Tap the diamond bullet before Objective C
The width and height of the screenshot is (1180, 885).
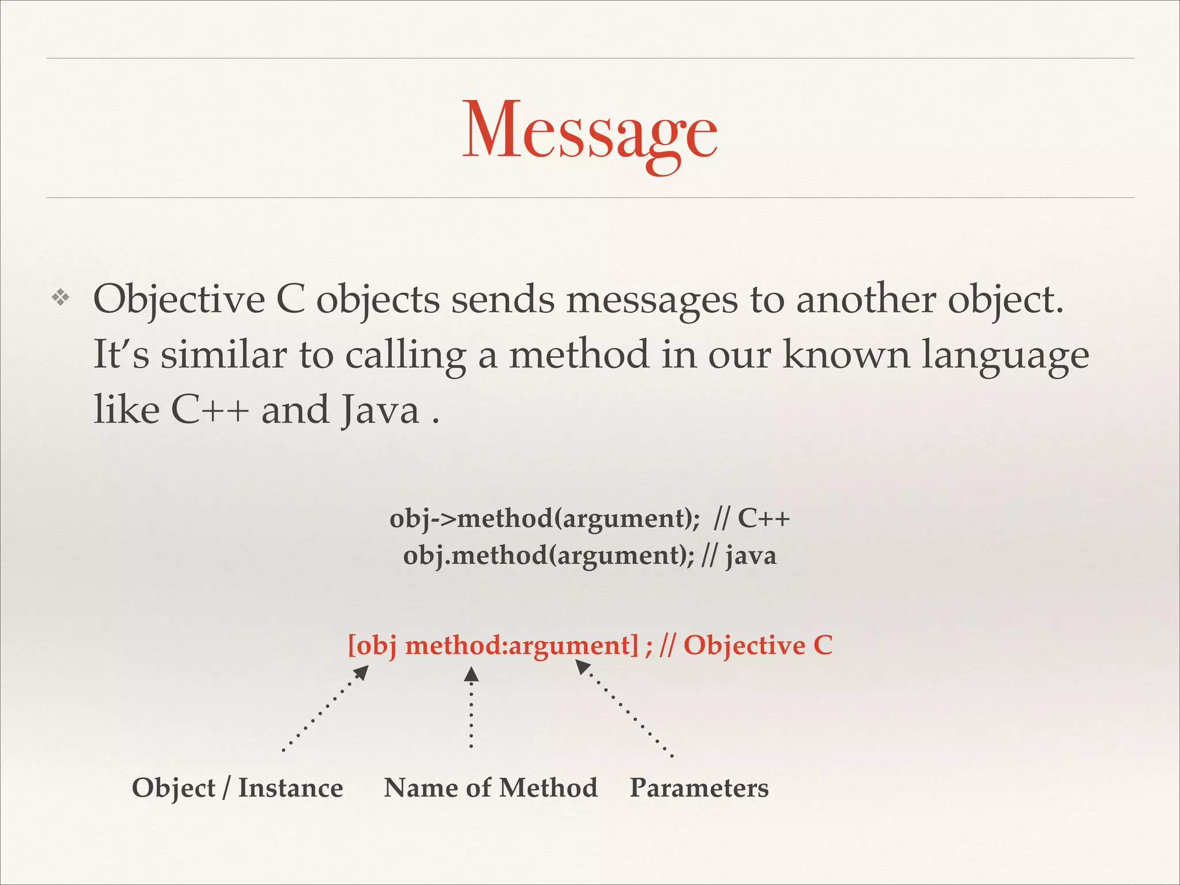tap(60, 298)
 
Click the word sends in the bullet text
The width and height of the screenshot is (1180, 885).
tap(502, 300)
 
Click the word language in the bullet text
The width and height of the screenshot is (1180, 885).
tap(1005, 355)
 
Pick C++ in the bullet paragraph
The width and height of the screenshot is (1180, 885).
tap(210, 410)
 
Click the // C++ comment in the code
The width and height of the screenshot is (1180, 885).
tap(751, 518)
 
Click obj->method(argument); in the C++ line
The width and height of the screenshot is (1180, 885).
tap(544, 518)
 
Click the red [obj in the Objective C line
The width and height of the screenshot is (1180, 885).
tap(372, 645)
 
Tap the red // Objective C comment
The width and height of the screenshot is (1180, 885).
tap(746, 645)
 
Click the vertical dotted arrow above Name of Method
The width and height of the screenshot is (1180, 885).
tap(471, 708)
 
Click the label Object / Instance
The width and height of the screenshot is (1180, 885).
tap(237, 788)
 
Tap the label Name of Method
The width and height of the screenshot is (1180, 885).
tap(490, 788)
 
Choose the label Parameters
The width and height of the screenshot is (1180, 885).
tap(699, 788)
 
